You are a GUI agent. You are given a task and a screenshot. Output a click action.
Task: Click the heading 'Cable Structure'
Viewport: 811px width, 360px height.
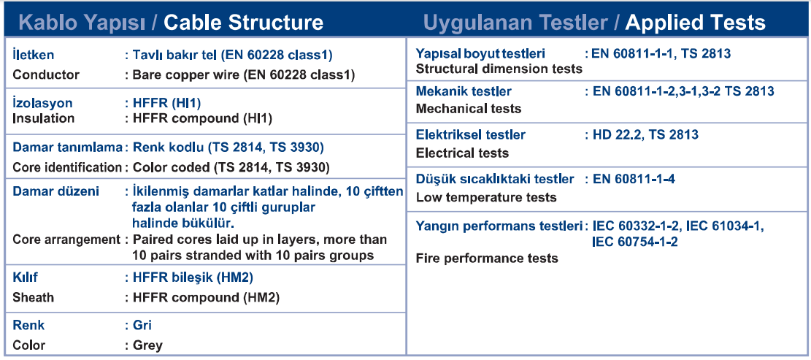click(x=244, y=22)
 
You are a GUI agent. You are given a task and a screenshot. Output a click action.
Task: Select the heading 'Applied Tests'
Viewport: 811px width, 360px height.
click(x=695, y=22)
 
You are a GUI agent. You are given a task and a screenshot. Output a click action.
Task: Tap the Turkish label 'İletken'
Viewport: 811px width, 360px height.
click(x=33, y=54)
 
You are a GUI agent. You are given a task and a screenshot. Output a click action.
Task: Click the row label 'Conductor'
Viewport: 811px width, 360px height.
click(x=46, y=74)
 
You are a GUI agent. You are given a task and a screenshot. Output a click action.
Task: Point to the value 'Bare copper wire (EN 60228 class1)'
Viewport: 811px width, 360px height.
click(x=244, y=74)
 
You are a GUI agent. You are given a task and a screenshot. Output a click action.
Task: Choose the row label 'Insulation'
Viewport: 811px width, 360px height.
click(x=44, y=118)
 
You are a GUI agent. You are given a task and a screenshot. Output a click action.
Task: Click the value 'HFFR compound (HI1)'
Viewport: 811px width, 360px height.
click(x=202, y=118)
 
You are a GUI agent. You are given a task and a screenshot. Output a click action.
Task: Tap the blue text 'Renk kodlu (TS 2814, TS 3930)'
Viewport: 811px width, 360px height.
click(x=228, y=148)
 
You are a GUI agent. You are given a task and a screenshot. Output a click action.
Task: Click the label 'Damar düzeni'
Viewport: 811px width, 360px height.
click(x=56, y=191)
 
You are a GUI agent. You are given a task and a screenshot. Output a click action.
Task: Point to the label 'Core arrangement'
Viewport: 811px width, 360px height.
click(x=66, y=240)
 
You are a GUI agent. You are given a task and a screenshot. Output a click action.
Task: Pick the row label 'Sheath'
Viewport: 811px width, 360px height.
click(x=33, y=297)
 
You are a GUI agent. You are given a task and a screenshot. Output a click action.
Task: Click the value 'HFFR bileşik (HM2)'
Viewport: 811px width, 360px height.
click(x=193, y=277)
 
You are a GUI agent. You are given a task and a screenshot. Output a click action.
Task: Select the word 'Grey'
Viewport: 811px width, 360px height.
click(x=147, y=345)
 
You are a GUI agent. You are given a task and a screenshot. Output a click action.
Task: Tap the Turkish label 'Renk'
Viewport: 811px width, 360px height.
click(x=28, y=326)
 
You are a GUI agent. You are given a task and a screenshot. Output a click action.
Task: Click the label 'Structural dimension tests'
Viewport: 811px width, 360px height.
click(x=499, y=69)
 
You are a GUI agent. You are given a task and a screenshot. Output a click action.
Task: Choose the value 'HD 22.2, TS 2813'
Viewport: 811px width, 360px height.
click(x=645, y=135)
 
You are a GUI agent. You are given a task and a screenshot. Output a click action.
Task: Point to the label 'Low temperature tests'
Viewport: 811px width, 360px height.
click(x=486, y=197)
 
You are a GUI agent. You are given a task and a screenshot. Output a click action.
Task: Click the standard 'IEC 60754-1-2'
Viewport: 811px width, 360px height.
click(x=635, y=242)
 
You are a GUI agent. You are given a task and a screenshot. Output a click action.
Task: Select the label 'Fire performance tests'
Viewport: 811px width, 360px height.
click(x=487, y=258)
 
